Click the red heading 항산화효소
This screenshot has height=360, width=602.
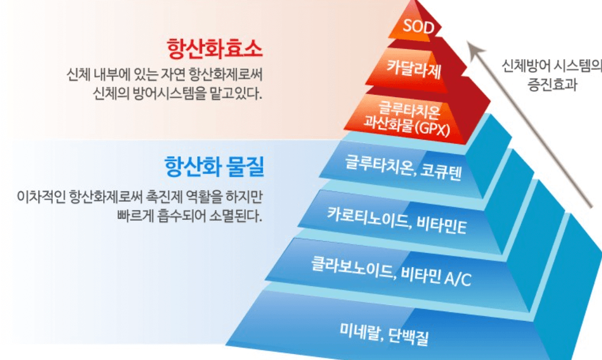click(x=214, y=47)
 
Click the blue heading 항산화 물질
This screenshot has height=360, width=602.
click(x=214, y=166)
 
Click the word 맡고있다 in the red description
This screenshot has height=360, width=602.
click(x=233, y=94)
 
